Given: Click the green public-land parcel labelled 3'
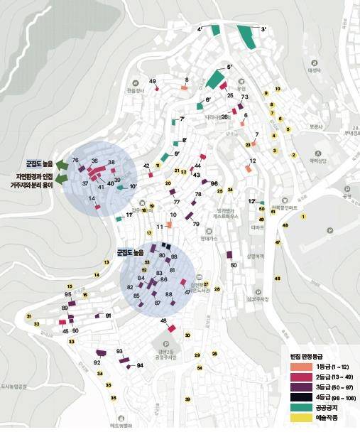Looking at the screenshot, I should (246, 36).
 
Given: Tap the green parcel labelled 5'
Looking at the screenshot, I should (214, 77).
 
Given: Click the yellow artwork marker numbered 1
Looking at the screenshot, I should (303, 216).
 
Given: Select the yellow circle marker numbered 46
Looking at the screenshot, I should (278, 278).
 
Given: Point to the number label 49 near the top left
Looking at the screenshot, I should (153, 82).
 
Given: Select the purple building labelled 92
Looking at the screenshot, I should (100, 352).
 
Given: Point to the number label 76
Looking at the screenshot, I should (75, 161).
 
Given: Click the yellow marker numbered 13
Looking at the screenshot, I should (107, 263).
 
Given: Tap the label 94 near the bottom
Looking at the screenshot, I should (140, 365).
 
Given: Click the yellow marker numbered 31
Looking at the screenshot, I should (29, 316).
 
